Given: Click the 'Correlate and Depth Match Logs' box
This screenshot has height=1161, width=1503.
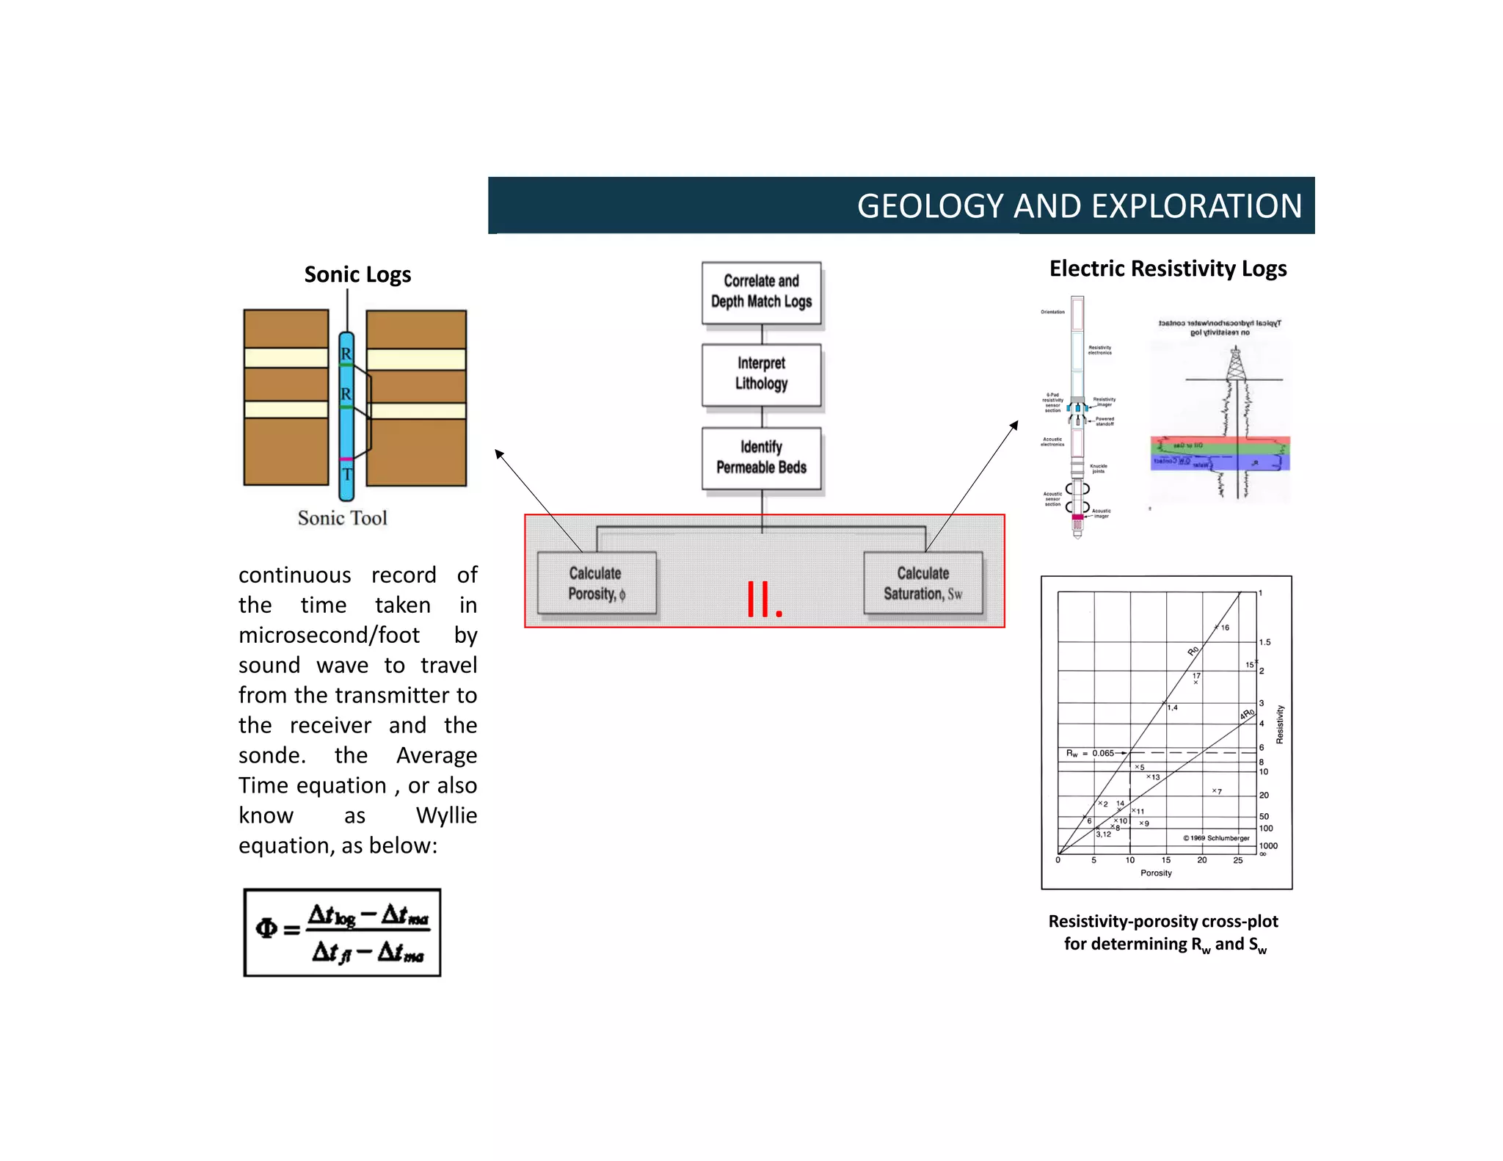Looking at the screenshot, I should (761, 292).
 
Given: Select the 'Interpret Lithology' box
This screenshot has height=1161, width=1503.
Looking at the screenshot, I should (761, 374).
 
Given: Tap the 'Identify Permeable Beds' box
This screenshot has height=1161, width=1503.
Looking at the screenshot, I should (761, 457).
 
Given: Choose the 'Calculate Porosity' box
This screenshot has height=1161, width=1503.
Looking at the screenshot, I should (596, 583).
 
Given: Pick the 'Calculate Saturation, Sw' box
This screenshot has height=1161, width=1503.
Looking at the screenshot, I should (922, 583).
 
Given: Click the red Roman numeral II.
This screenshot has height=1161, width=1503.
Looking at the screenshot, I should (764, 600).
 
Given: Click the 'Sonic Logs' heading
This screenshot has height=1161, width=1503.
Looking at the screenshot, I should (357, 274).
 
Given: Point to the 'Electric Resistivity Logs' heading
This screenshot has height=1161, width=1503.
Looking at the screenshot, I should (1167, 269).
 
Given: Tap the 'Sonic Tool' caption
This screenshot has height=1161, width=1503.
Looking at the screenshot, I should (342, 518).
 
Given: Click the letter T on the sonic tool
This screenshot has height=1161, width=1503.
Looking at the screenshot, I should (347, 475).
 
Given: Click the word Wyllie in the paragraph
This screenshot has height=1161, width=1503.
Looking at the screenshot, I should (446, 815).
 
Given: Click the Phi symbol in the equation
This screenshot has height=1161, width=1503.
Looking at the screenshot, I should (266, 929).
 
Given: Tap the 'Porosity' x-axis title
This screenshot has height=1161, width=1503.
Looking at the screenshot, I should (1156, 873).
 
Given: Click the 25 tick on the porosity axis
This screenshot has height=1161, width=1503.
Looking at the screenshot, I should (1237, 860).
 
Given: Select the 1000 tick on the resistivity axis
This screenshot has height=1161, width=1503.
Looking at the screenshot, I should (1268, 845).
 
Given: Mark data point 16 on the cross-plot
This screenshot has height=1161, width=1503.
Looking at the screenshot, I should (1217, 627).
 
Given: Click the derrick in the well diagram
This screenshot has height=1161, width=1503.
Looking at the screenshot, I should (1236, 364).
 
